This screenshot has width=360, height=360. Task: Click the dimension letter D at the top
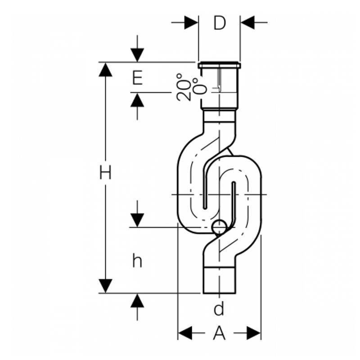pos(219,22)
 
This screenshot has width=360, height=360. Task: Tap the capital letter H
pos(105,173)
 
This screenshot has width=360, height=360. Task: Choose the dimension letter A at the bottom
pos(219,333)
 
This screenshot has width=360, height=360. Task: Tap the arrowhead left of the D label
pos(191,22)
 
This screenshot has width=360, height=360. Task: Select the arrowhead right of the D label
pos(247,22)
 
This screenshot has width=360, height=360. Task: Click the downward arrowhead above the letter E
pos(137,55)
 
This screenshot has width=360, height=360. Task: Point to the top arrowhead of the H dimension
pos(105,69)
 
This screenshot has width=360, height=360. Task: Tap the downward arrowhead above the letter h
pos(137,220)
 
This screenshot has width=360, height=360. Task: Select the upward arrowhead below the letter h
pos(137,301)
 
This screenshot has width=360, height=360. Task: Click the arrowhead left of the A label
pos(185,333)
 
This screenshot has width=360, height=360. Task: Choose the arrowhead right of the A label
pos(254,333)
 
